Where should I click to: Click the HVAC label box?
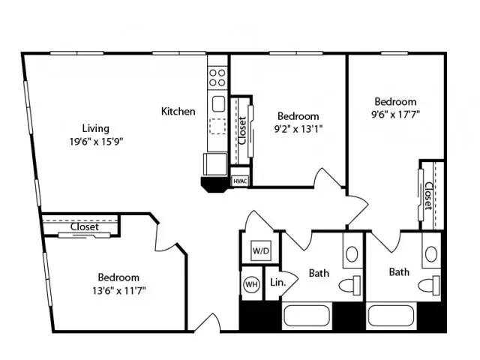click(x=240, y=181)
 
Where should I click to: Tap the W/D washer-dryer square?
click(x=261, y=250)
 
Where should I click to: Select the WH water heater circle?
click(x=252, y=284)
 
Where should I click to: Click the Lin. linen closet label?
click(x=278, y=282)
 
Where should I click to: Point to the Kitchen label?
click(x=178, y=111)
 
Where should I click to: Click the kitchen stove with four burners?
click(x=217, y=77)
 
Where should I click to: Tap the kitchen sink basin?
click(x=218, y=104)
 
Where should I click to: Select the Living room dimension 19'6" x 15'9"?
click(x=96, y=142)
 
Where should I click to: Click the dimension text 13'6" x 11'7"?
click(x=118, y=290)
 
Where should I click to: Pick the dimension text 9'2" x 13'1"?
click(x=298, y=129)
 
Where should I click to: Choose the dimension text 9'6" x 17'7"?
click(x=395, y=114)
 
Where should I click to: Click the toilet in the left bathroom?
click(x=349, y=285)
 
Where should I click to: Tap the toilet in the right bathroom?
click(x=429, y=285)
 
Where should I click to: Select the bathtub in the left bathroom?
click(x=307, y=316)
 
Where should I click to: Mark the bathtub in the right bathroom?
click(x=391, y=316)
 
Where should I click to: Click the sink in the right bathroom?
click(x=431, y=254)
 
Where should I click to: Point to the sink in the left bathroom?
click(x=352, y=254)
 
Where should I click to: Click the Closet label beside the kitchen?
click(x=242, y=130)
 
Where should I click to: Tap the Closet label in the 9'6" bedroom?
click(x=428, y=196)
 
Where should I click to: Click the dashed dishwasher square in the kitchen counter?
click(x=217, y=127)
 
